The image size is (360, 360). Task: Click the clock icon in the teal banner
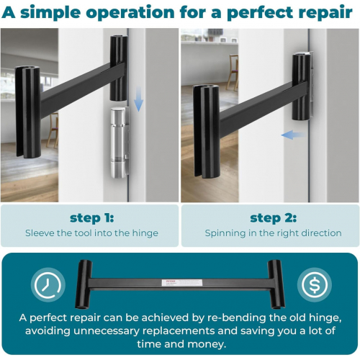click(x=48, y=284)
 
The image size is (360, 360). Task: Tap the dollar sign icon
click(x=315, y=284)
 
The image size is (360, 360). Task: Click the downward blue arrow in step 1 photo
click(x=138, y=99)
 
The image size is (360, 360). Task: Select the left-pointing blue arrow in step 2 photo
click(x=294, y=135)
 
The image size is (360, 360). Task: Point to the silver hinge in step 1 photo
click(x=119, y=143)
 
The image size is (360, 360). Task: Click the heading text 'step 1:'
click(x=92, y=218)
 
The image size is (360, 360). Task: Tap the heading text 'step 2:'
click(x=274, y=218)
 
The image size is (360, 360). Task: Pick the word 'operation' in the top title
click(x=130, y=13)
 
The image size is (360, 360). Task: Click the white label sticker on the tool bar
click(x=182, y=282)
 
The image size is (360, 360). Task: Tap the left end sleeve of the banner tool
click(x=84, y=284)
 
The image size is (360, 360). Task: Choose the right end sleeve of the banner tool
click(x=276, y=284)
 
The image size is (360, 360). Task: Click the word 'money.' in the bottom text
click(x=207, y=344)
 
